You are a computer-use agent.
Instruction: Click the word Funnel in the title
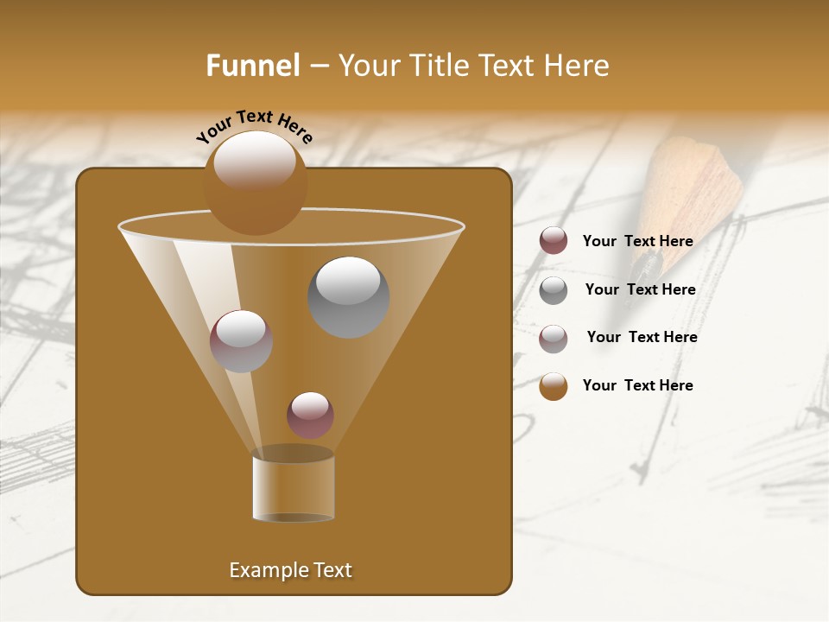(x=252, y=66)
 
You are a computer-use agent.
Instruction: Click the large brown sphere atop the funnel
(x=255, y=182)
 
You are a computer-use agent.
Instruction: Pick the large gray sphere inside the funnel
(x=348, y=296)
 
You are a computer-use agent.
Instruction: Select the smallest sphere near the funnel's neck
(x=310, y=415)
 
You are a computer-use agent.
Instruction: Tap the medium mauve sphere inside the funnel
(x=241, y=340)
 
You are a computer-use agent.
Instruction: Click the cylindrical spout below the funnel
(x=293, y=488)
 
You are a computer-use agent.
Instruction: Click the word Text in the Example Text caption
(x=332, y=570)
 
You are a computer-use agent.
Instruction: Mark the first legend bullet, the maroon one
(x=554, y=241)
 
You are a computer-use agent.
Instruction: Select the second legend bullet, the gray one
(x=554, y=289)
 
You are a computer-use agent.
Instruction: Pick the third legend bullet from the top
(x=554, y=338)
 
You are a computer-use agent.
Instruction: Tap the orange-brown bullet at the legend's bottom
(x=554, y=386)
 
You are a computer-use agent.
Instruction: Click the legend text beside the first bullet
(x=637, y=241)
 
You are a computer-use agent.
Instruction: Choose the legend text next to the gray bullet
(x=640, y=289)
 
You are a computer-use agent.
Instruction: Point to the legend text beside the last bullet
(x=637, y=385)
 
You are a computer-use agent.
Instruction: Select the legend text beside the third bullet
(x=642, y=337)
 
